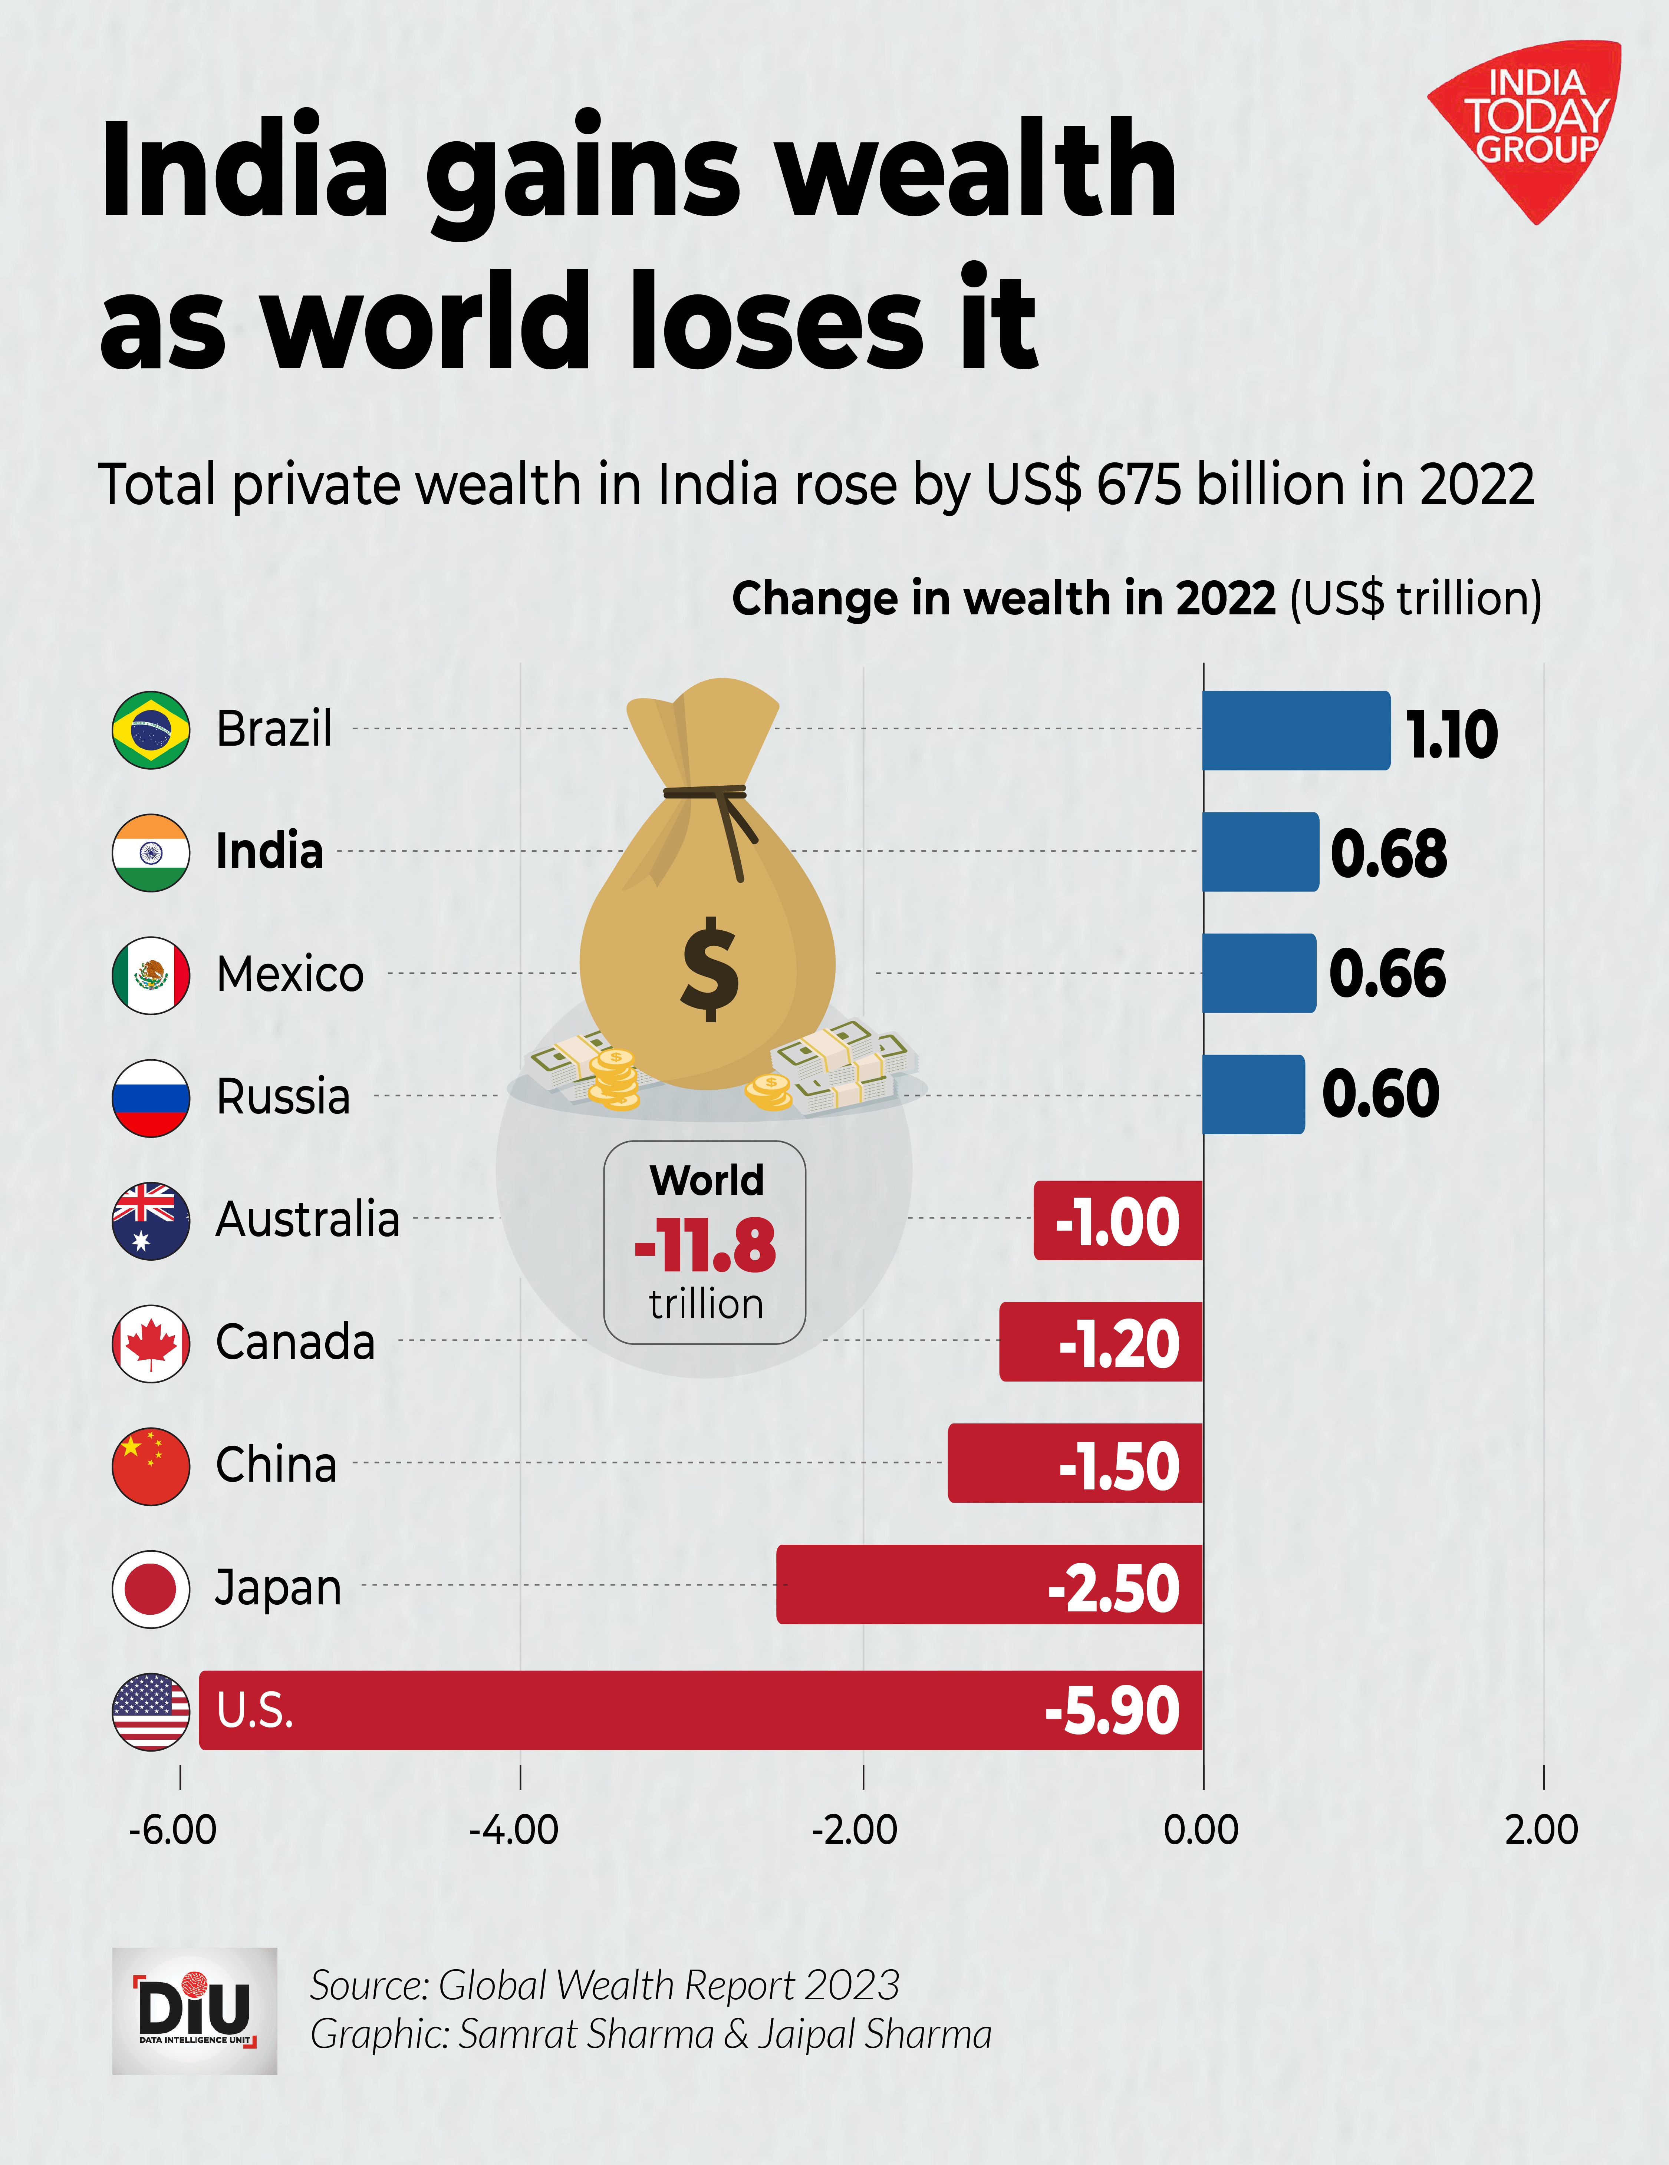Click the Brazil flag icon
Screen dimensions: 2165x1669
coord(151,730)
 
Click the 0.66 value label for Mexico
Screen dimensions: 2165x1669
coord(1386,973)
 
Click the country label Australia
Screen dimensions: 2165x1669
coord(307,1219)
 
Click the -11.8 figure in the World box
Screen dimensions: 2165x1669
coord(705,1246)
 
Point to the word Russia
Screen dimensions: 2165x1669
coord(284,1096)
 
